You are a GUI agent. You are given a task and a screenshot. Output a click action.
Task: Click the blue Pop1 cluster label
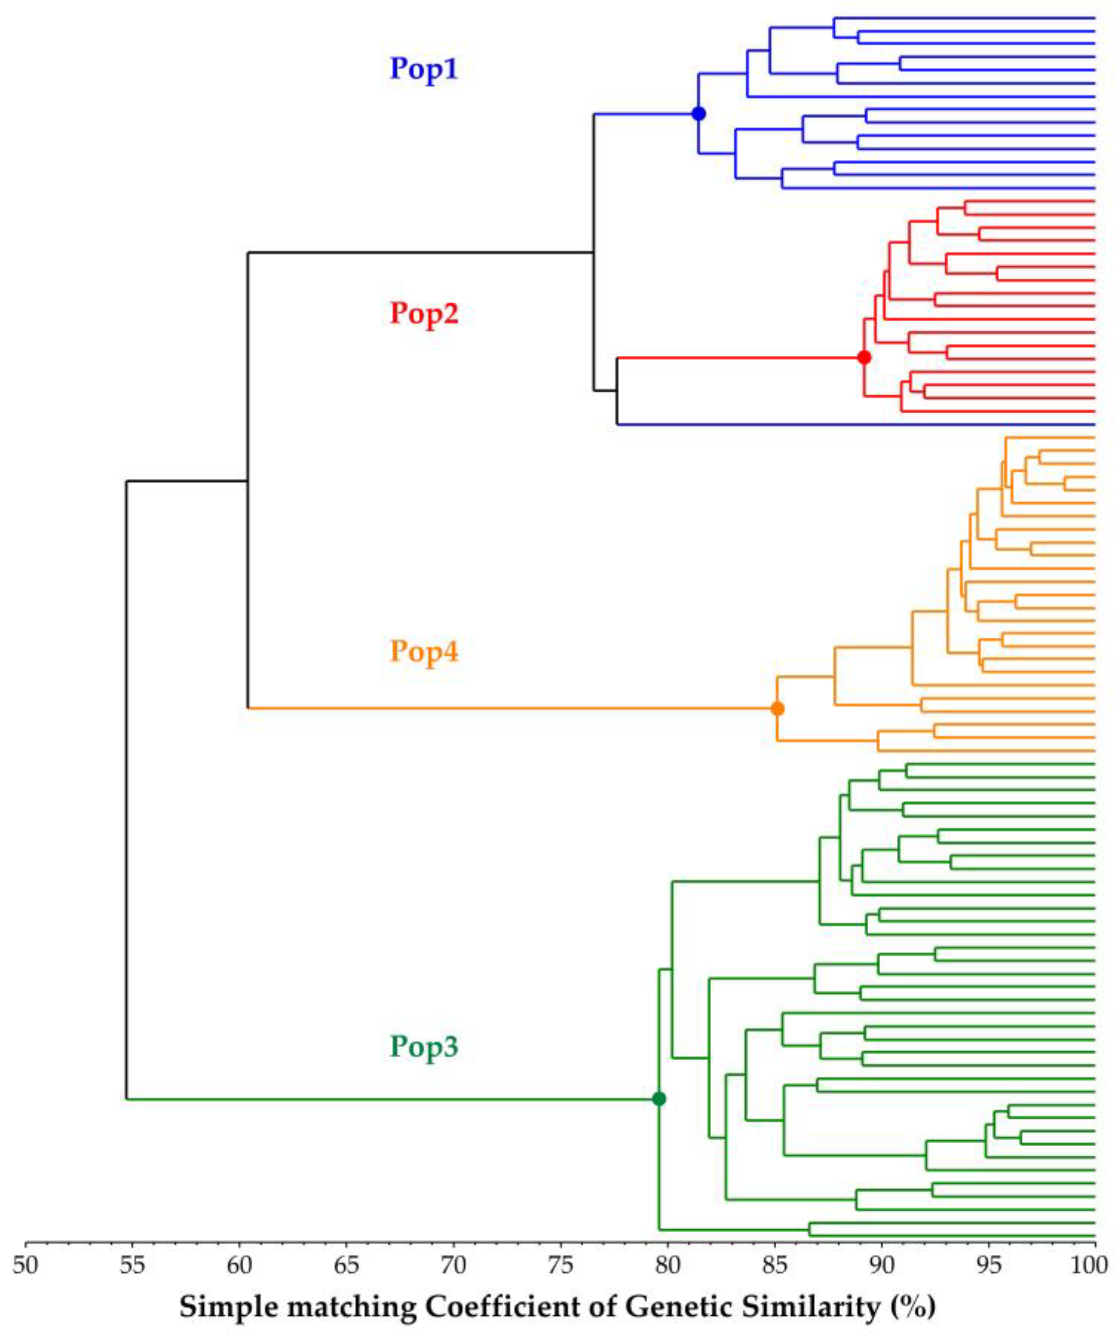click(x=424, y=69)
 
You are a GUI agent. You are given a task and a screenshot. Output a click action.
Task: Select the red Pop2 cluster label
click(x=424, y=313)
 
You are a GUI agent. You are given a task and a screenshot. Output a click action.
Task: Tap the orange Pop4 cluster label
click(x=424, y=651)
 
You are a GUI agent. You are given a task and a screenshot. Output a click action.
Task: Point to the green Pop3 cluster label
click(x=424, y=1046)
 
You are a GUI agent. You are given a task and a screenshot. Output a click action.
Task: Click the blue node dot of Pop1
click(x=699, y=114)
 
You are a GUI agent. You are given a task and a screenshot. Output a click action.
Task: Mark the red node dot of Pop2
click(x=864, y=357)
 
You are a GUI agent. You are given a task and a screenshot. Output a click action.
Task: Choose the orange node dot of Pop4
click(x=777, y=708)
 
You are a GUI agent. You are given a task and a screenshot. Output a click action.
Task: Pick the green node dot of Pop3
click(x=659, y=1098)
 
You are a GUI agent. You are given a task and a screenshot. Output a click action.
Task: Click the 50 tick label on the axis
click(x=26, y=1265)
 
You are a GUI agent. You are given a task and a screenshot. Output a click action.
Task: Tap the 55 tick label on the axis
click(x=133, y=1265)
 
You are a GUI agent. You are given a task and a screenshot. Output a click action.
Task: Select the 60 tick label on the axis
click(x=240, y=1265)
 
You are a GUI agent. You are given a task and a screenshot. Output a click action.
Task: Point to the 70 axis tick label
click(x=453, y=1265)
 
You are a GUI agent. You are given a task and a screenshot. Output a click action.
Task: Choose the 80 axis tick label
click(x=668, y=1265)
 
